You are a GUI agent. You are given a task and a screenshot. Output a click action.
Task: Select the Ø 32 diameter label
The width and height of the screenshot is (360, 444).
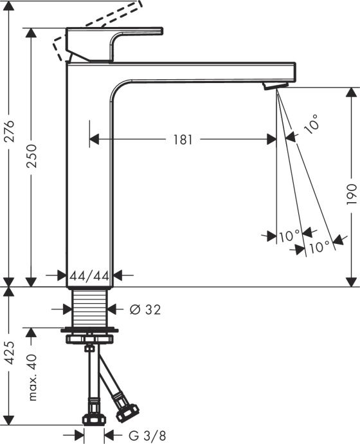pos(145,310)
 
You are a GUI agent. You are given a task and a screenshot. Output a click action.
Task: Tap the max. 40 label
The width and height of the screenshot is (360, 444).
pos(32,377)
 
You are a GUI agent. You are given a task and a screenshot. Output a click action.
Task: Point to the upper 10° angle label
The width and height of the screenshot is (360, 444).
pos(312,124)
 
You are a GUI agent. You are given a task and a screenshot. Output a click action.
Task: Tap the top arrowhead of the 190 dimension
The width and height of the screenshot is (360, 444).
pos(350,93)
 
